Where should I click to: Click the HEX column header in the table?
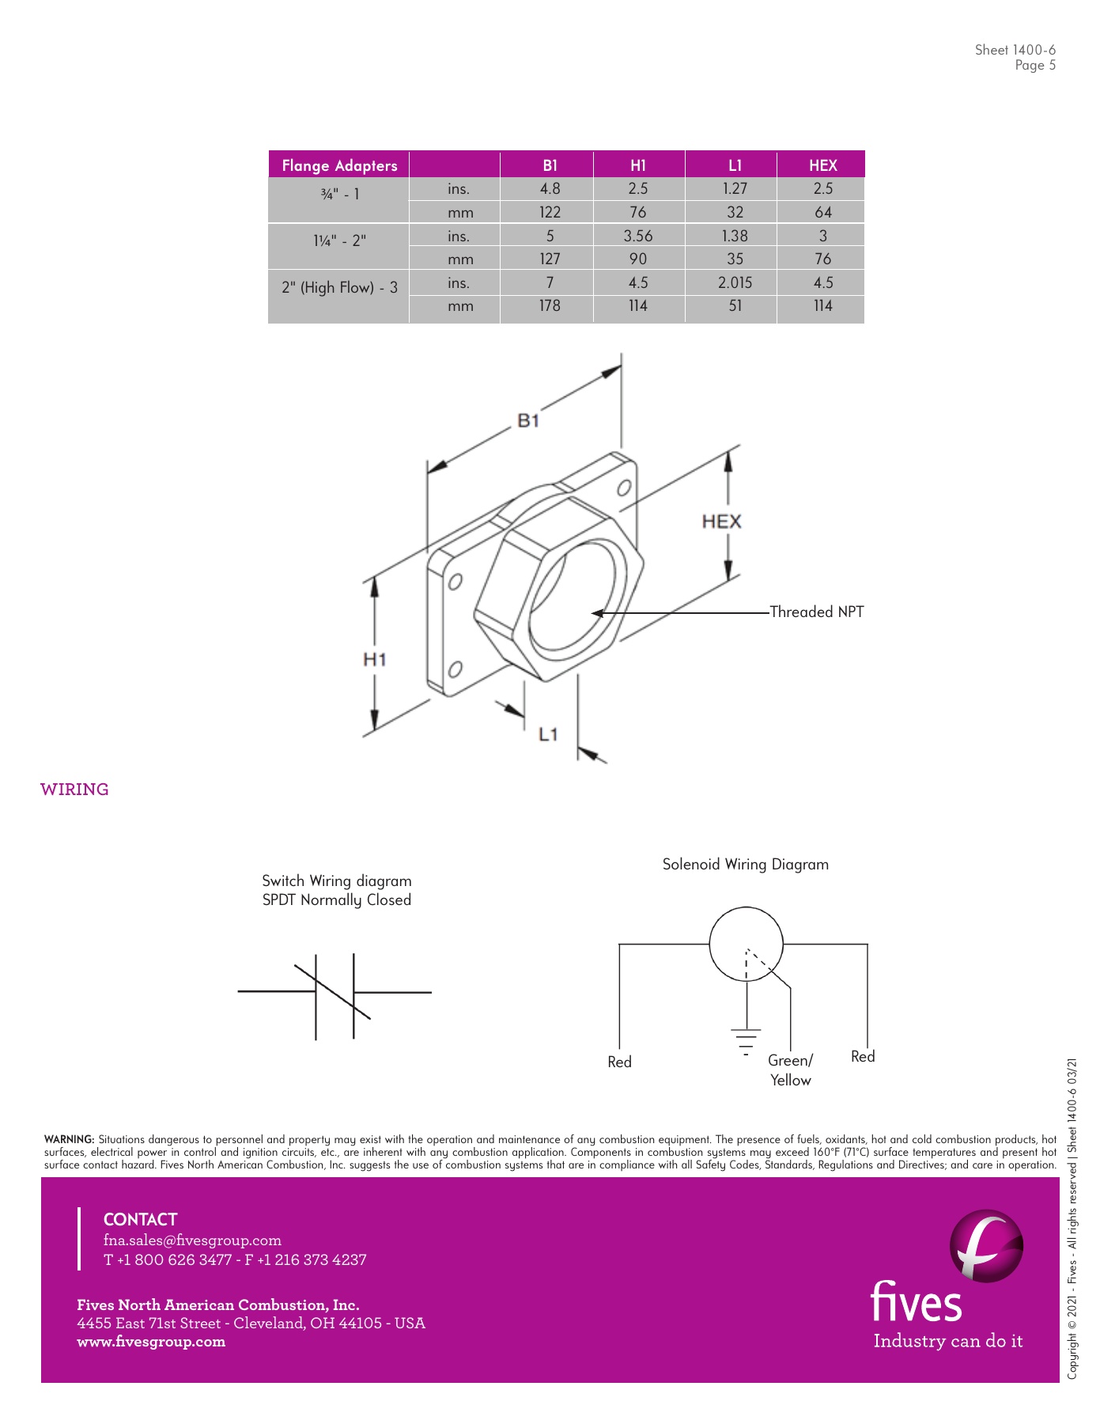click(822, 165)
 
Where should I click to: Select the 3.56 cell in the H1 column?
click(637, 236)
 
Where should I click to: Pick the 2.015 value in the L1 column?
click(735, 282)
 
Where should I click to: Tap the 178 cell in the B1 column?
click(550, 305)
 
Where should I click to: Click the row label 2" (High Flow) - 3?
click(339, 287)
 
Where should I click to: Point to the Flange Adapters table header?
click(339, 165)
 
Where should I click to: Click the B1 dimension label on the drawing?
click(527, 420)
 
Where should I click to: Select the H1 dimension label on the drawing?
click(374, 659)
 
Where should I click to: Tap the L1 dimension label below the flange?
click(548, 735)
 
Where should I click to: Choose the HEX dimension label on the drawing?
click(721, 521)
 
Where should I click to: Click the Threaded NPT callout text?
click(816, 612)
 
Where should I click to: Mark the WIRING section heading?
click(74, 790)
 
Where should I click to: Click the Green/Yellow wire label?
click(790, 1070)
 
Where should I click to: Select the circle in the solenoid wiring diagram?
click(746, 944)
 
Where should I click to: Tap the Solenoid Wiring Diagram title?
click(745, 864)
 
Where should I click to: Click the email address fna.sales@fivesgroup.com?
click(192, 1240)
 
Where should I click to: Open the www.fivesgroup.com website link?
click(151, 1341)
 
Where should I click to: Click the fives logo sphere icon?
click(985, 1247)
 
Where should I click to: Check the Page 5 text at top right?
click(1035, 66)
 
